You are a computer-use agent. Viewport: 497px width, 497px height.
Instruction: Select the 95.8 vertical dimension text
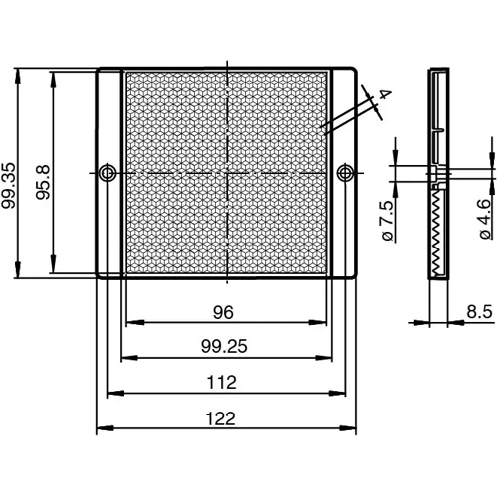point(43,173)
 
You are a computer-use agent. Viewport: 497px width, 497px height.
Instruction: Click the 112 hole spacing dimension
point(223,382)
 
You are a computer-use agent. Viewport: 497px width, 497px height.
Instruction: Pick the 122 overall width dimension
point(223,418)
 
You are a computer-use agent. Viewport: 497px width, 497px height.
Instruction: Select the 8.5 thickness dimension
point(479,312)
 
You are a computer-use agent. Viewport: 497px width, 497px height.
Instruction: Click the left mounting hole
point(107,174)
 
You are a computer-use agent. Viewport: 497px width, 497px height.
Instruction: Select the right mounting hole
point(345,174)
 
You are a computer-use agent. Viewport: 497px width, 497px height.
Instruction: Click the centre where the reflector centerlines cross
point(227,174)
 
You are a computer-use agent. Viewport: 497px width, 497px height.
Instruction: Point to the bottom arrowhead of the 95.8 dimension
point(52,270)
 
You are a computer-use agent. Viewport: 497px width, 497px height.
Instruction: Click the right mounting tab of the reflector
point(344,119)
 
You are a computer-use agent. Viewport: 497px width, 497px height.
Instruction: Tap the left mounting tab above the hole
point(108,119)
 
